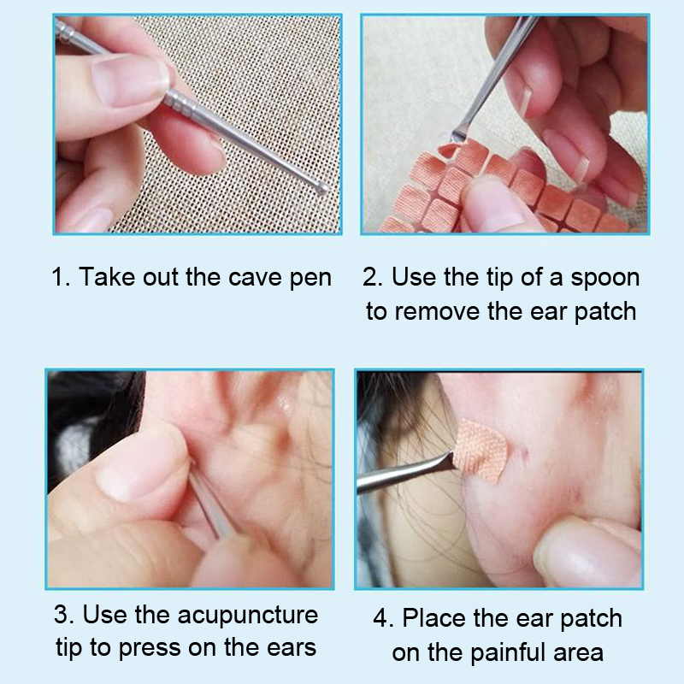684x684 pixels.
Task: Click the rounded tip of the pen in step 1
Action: (322, 188)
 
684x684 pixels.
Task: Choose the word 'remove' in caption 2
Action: (437, 312)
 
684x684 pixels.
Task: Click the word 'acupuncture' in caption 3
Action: (248, 616)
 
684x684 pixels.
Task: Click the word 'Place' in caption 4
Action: (433, 618)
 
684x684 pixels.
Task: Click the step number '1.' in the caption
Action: (61, 277)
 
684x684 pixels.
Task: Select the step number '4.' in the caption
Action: (383, 618)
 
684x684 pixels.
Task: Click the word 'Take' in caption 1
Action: (108, 277)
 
